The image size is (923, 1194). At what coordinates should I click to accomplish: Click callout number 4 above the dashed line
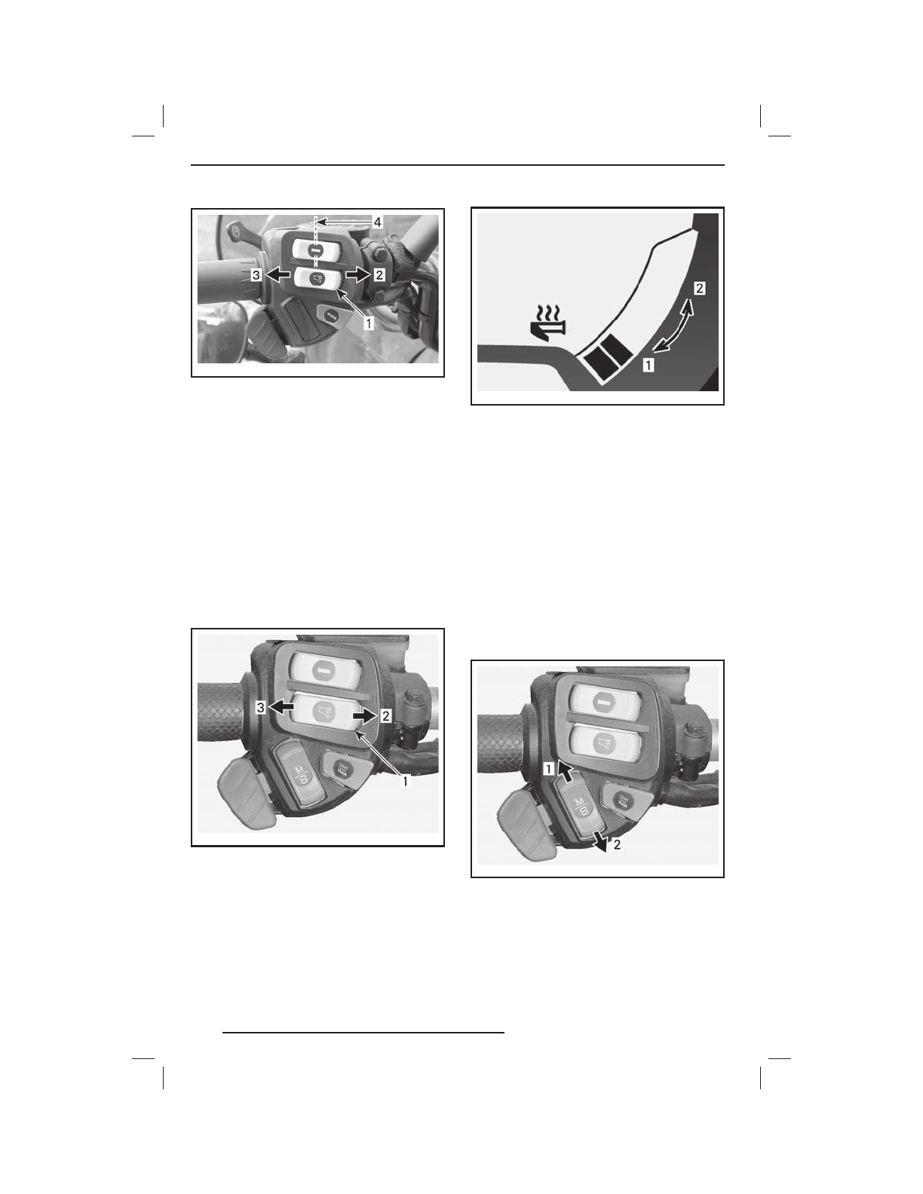click(x=377, y=222)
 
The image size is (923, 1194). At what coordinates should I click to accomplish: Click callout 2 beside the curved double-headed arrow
click(x=700, y=288)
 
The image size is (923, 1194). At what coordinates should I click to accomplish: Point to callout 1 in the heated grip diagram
click(x=648, y=366)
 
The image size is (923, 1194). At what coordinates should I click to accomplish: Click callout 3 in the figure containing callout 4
click(x=257, y=276)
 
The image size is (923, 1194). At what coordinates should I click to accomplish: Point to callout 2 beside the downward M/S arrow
click(x=617, y=845)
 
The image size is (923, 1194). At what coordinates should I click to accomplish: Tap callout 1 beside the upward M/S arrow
click(x=550, y=768)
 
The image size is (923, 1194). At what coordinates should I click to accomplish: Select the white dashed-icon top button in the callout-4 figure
click(x=315, y=249)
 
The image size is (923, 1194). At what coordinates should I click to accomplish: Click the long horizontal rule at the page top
click(x=458, y=165)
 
